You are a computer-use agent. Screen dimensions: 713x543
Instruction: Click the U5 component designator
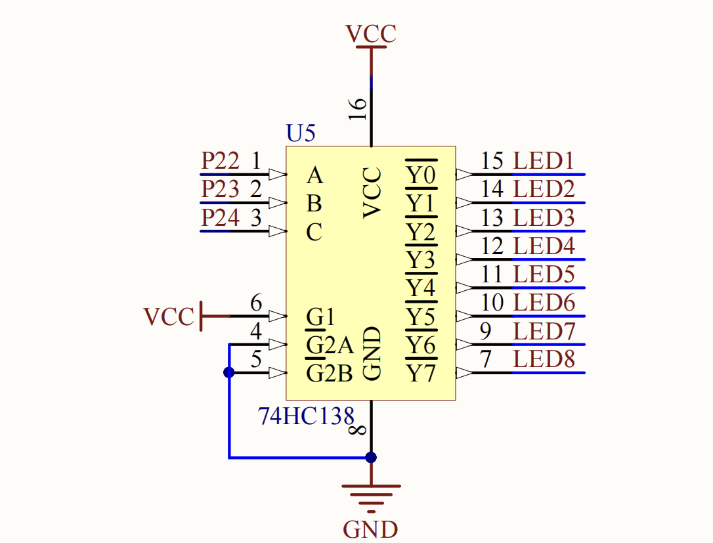[301, 133]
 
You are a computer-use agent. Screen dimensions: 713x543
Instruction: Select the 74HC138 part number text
[305, 416]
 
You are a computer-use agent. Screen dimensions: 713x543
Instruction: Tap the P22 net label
[220, 161]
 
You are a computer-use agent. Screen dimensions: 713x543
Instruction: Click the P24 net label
[220, 217]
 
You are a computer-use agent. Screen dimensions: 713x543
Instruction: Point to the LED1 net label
[544, 161]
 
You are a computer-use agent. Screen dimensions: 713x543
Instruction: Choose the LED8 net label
[544, 359]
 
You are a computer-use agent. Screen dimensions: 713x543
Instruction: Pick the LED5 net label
[544, 274]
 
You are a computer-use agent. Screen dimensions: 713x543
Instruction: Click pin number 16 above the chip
[358, 109]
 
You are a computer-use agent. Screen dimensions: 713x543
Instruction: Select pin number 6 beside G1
[257, 303]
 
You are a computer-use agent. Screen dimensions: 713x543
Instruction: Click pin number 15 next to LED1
[492, 161]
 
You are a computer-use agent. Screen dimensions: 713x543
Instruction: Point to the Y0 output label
[421, 175]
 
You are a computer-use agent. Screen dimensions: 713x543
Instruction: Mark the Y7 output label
[421, 374]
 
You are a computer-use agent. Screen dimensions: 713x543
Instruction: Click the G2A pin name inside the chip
[330, 345]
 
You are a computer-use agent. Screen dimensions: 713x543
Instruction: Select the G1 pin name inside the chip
[320, 316]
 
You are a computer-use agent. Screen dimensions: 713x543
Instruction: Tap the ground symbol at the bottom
[371, 498]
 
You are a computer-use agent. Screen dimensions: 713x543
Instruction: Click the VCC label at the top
[370, 34]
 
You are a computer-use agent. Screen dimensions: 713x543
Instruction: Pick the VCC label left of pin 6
[169, 316]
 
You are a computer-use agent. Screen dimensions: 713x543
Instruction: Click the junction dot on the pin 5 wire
[229, 373]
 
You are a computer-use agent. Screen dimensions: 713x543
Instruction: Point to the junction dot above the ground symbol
[371, 457]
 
